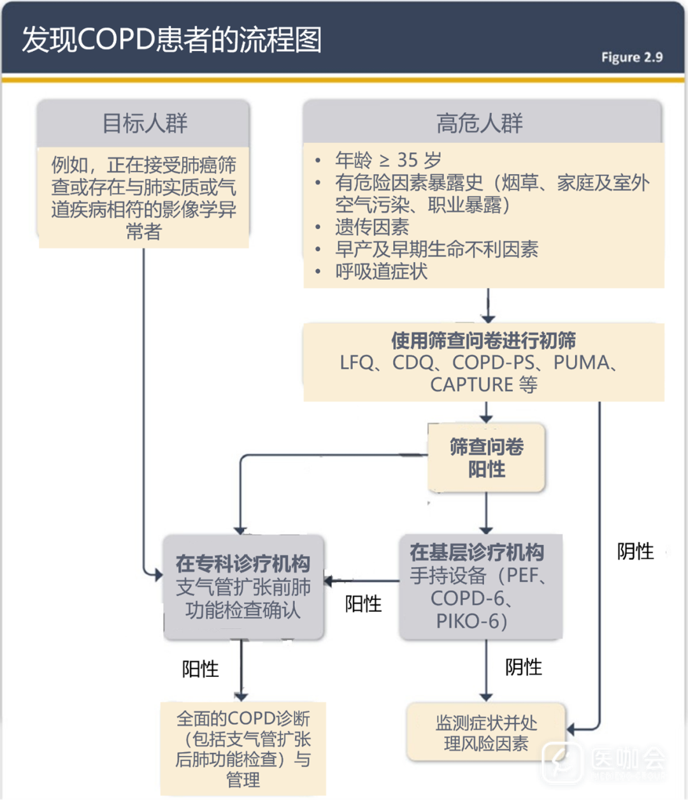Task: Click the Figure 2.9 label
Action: (x=631, y=57)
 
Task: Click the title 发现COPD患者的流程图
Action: (x=171, y=40)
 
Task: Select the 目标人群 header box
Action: (x=145, y=123)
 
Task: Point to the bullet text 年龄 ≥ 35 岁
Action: (x=388, y=160)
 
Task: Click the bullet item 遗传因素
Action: (x=372, y=227)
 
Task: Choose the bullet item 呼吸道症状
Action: (x=381, y=272)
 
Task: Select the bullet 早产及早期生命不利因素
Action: (x=436, y=249)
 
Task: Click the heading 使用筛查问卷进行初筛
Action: (x=484, y=340)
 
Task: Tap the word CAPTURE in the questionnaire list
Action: (x=471, y=385)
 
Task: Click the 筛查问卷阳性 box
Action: (x=487, y=458)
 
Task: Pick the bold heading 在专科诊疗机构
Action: (x=243, y=564)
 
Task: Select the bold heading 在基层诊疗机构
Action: (x=477, y=552)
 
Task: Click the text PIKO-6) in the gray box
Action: (x=471, y=621)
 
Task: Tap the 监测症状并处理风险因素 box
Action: (x=486, y=733)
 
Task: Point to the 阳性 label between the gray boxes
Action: (x=363, y=604)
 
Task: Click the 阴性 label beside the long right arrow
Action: (x=635, y=551)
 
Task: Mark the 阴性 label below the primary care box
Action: (x=523, y=667)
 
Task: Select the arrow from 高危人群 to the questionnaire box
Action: (x=487, y=305)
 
